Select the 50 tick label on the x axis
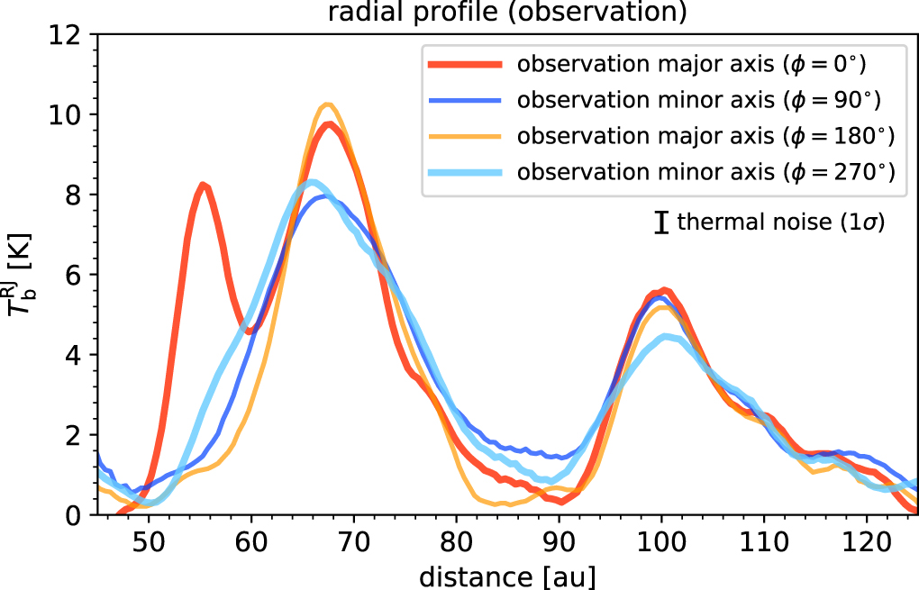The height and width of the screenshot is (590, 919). (x=148, y=540)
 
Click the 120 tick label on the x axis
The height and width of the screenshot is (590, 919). (x=867, y=540)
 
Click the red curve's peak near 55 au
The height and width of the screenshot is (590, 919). (x=204, y=186)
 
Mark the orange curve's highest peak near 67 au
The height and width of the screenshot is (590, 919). (x=327, y=104)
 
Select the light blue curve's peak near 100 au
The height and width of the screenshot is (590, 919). (x=665, y=337)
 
